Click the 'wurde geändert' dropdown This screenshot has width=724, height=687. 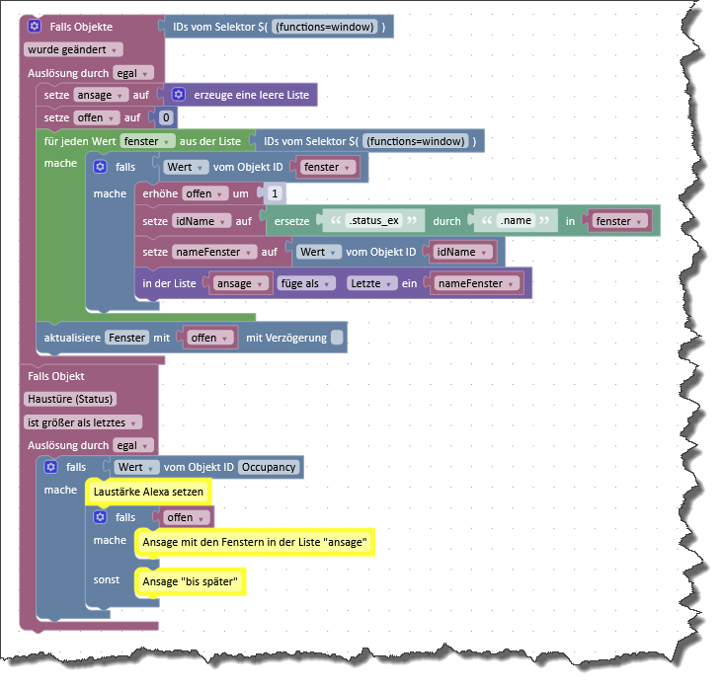click(73, 49)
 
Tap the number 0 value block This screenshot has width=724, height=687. click(166, 117)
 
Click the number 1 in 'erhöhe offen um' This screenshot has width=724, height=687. click(275, 193)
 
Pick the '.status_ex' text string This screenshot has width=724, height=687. click(374, 220)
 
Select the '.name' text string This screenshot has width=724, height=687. click(516, 220)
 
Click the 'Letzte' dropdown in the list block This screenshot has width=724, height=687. click(371, 283)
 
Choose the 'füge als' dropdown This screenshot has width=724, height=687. click(306, 283)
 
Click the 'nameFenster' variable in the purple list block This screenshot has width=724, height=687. click(476, 283)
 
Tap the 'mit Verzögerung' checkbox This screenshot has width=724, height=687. click(337, 338)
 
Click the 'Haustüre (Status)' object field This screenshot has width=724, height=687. click(70, 399)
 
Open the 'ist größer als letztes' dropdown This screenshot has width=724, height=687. click(83, 422)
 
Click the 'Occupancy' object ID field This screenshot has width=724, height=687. click(269, 467)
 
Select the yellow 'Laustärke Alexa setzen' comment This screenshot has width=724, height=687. click(148, 492)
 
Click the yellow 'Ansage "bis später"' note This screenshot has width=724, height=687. click(190, 581)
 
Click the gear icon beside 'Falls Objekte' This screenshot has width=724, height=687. click(35, 26)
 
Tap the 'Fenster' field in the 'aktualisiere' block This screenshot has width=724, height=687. click(127, 338)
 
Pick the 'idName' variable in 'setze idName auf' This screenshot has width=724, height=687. click(201, 221)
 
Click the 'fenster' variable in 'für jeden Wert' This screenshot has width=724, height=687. click(147, 141)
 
